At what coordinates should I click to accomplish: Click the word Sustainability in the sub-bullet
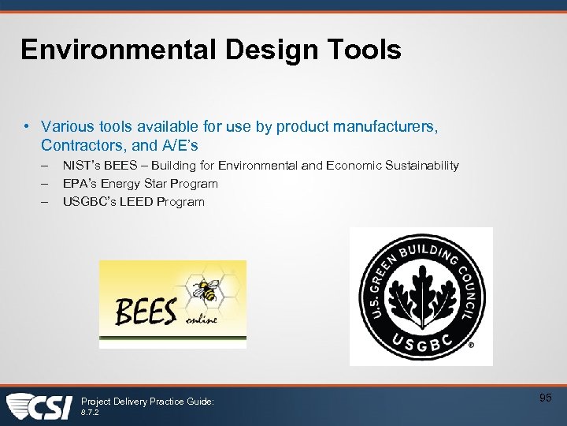click(423, 166)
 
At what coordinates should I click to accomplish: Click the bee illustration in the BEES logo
click(208, 290)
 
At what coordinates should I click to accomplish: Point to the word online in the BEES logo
click(202, 321)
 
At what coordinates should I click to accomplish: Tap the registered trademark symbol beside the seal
click(471, 346)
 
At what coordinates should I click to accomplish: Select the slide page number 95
click(545, 398)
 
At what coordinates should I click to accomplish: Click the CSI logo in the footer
click(39, 405)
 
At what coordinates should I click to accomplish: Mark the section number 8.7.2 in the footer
click(91, 412)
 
